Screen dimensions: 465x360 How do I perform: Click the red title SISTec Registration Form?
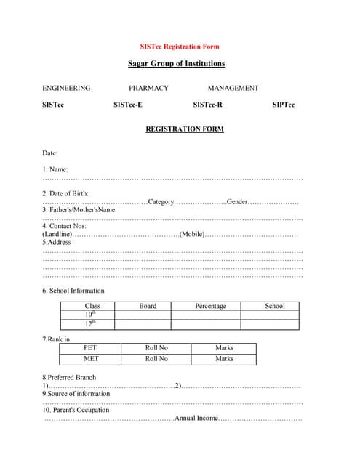[x=180, y=46]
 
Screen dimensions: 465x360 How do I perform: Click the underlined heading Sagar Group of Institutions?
[x=176, y=64]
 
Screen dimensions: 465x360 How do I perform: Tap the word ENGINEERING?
[x=66, y=88]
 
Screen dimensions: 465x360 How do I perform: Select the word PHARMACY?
[x=148, y=88]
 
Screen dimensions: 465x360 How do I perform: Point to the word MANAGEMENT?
[x=233, y=88]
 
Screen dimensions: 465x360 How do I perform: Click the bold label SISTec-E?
[x=128, y=105]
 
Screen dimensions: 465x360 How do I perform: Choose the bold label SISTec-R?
[x=208, y=105]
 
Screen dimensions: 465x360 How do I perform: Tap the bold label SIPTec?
[x=284, y=105]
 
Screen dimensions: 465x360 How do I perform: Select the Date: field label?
[x=50, y=153]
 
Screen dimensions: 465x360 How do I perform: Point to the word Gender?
[x=237, y=201]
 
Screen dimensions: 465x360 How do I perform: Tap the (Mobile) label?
[x=192, y=234]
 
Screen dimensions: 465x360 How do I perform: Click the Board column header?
[x=148, y=306]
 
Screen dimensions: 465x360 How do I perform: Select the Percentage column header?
[x=210, y=306]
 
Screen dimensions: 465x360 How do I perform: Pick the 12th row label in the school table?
[x=89, y=324]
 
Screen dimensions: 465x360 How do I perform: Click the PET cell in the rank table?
[x=91, y=348]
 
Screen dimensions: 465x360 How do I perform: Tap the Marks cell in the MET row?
[x=224, y=359]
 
